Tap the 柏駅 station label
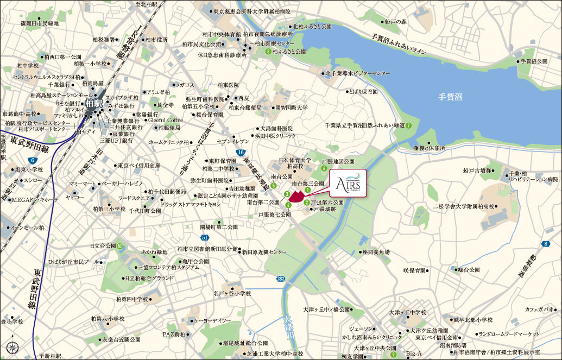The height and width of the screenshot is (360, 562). click(x=93, y=102)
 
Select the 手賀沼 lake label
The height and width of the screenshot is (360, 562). click(x=451, y=97)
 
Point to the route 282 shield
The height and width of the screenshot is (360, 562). click(x=280, y=279)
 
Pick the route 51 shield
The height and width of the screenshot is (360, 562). click(x=204, y=238)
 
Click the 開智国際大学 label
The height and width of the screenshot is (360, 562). click(x=291, y=108)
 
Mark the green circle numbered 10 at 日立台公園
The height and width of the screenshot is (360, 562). click(x=119, y=245)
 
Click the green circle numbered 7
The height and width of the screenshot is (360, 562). click(x=408, y=125)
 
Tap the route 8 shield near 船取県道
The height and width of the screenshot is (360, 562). click(x=545, y=244)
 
